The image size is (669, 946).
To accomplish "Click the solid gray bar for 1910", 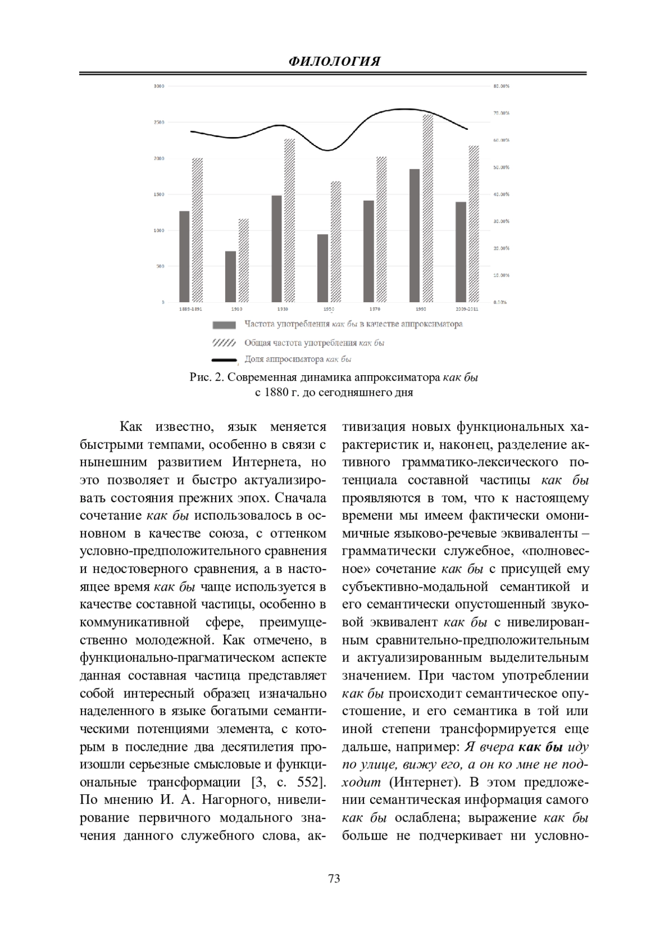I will [230, 276].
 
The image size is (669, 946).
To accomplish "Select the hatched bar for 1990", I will [428, 208].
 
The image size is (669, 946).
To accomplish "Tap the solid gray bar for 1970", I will [369, 251].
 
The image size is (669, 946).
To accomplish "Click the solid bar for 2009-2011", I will [461, 252].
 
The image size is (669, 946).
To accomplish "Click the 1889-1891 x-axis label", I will [190, 308].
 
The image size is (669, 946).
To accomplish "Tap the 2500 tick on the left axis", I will [159, 122].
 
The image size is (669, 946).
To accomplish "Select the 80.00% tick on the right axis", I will [501, 86].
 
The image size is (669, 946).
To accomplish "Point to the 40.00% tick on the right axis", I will [501, 195].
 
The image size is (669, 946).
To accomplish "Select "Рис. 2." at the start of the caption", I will [207, 378].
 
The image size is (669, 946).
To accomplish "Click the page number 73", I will [334, 879].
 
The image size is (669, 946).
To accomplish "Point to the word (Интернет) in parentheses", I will [423, 782].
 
